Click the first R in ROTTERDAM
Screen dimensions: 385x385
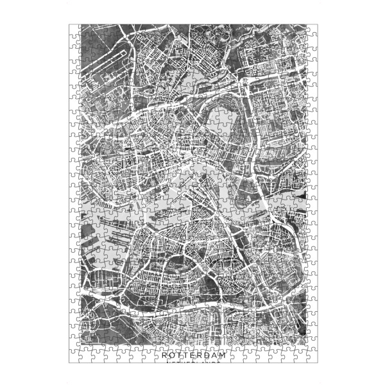[x=164, y=354]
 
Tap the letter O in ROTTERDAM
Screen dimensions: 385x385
[x=171, y=354]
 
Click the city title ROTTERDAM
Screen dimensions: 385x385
[x=193, y=354]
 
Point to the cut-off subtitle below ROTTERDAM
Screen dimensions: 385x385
[x=193, y=362]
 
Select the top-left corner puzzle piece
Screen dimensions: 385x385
[x=74, y=30]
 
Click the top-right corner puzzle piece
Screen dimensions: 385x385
[x=311, y=30]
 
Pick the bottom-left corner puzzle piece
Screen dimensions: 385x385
[x=74, y=358]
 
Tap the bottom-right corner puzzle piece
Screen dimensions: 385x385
[x=311, y=358]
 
